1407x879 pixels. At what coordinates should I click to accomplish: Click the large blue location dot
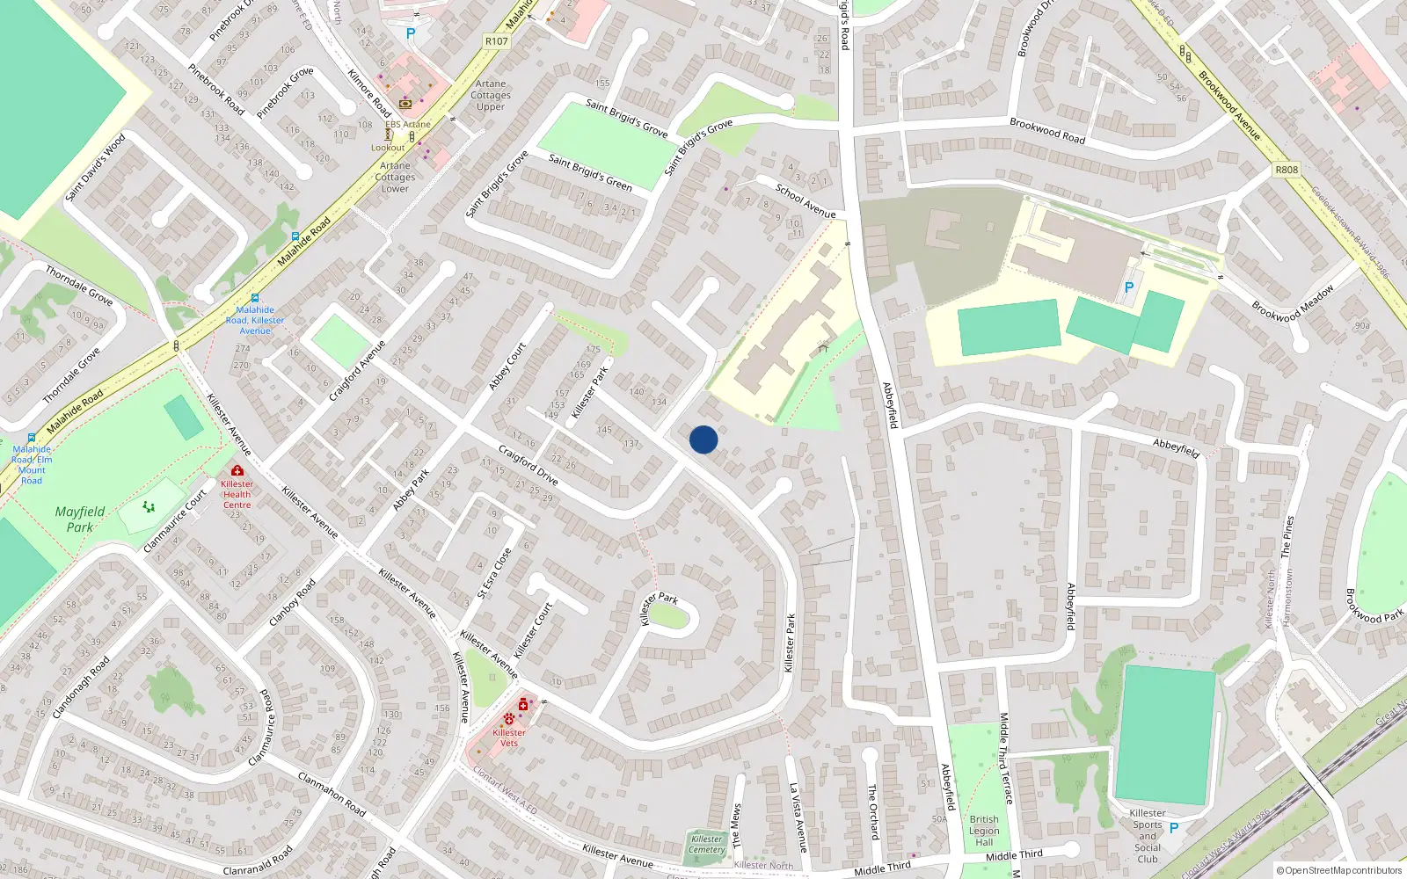703,439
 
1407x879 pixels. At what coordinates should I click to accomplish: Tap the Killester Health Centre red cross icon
237,471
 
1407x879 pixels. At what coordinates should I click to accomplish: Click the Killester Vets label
509,737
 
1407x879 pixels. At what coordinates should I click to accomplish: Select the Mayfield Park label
80,519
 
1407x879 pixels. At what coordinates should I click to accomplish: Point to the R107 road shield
496,41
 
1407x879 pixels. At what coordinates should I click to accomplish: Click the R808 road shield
1287,170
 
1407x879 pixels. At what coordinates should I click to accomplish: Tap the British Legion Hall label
984,831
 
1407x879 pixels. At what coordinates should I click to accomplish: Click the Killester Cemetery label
707,844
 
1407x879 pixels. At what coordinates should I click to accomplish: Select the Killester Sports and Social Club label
1148,836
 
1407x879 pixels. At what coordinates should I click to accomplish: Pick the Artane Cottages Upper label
491,95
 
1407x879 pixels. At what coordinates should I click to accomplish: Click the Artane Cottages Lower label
395,177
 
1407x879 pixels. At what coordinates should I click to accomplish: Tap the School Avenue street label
806,200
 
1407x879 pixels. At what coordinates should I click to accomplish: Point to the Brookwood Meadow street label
1293,303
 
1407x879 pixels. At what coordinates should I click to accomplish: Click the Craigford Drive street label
529,465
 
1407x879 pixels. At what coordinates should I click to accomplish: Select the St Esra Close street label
494,573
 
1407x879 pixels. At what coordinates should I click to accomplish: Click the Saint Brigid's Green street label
590,172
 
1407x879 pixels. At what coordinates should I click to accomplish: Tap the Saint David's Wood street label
95,168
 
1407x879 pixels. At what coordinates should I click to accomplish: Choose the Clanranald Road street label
258,861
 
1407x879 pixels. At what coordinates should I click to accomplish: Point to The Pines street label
1287,537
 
